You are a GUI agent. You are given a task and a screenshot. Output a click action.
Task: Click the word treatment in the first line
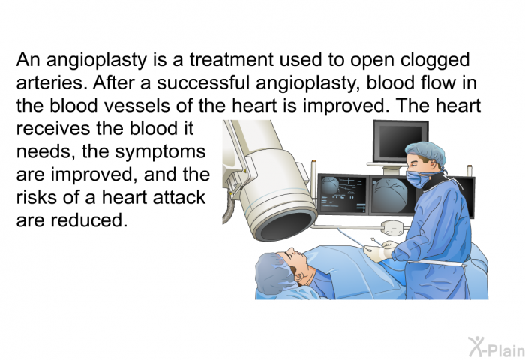[x=232, y=60]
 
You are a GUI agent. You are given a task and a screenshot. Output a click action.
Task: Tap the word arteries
[x=49, y=83]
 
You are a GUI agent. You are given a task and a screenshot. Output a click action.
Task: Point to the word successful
[x=203, y=82]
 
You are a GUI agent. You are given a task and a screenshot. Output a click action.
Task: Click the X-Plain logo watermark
[x=496, y=347]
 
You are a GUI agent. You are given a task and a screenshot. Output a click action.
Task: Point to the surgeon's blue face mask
[x=417, y=179]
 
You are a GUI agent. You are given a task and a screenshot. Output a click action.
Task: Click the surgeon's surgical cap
[x=427, y=153]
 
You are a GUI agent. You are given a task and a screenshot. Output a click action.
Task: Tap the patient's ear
[x=299, y=276]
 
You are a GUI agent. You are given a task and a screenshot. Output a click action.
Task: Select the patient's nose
[x=291, y=250]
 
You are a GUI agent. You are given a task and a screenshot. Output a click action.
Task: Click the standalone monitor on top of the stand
[x=400, y=141]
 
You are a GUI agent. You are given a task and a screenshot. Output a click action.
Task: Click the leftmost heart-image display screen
[x=343, y=194]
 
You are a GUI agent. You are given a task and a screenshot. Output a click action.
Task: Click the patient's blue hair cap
[x=273, y=272]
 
